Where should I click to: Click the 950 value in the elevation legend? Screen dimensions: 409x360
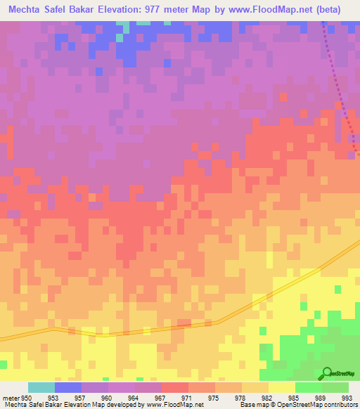pyautogui.click(x=27, y=397)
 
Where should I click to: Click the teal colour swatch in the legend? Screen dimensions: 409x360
pyautogui.click(x=41, y=387)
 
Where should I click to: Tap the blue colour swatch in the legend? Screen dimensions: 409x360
pyautogui.click(x=67, y=387)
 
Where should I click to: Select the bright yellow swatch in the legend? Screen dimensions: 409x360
pyautogui.click(x=281, y=387)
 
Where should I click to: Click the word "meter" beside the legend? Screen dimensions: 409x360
pyautogui.click(x=10, y=397)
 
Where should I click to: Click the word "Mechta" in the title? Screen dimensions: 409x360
pyautogui.click(x=27, y=9)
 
